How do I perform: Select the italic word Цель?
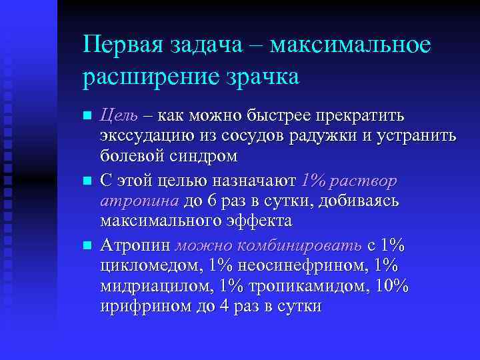pyautogui.click(x=119, y=115)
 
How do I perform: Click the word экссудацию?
pyautogui.click(x=147, y=137)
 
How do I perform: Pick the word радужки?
pyautogui.click(x=343, y=137)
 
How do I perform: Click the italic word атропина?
pyautogui.click(x=139, y=201)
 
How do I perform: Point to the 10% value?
pyautogui.click(x=393, y=287)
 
